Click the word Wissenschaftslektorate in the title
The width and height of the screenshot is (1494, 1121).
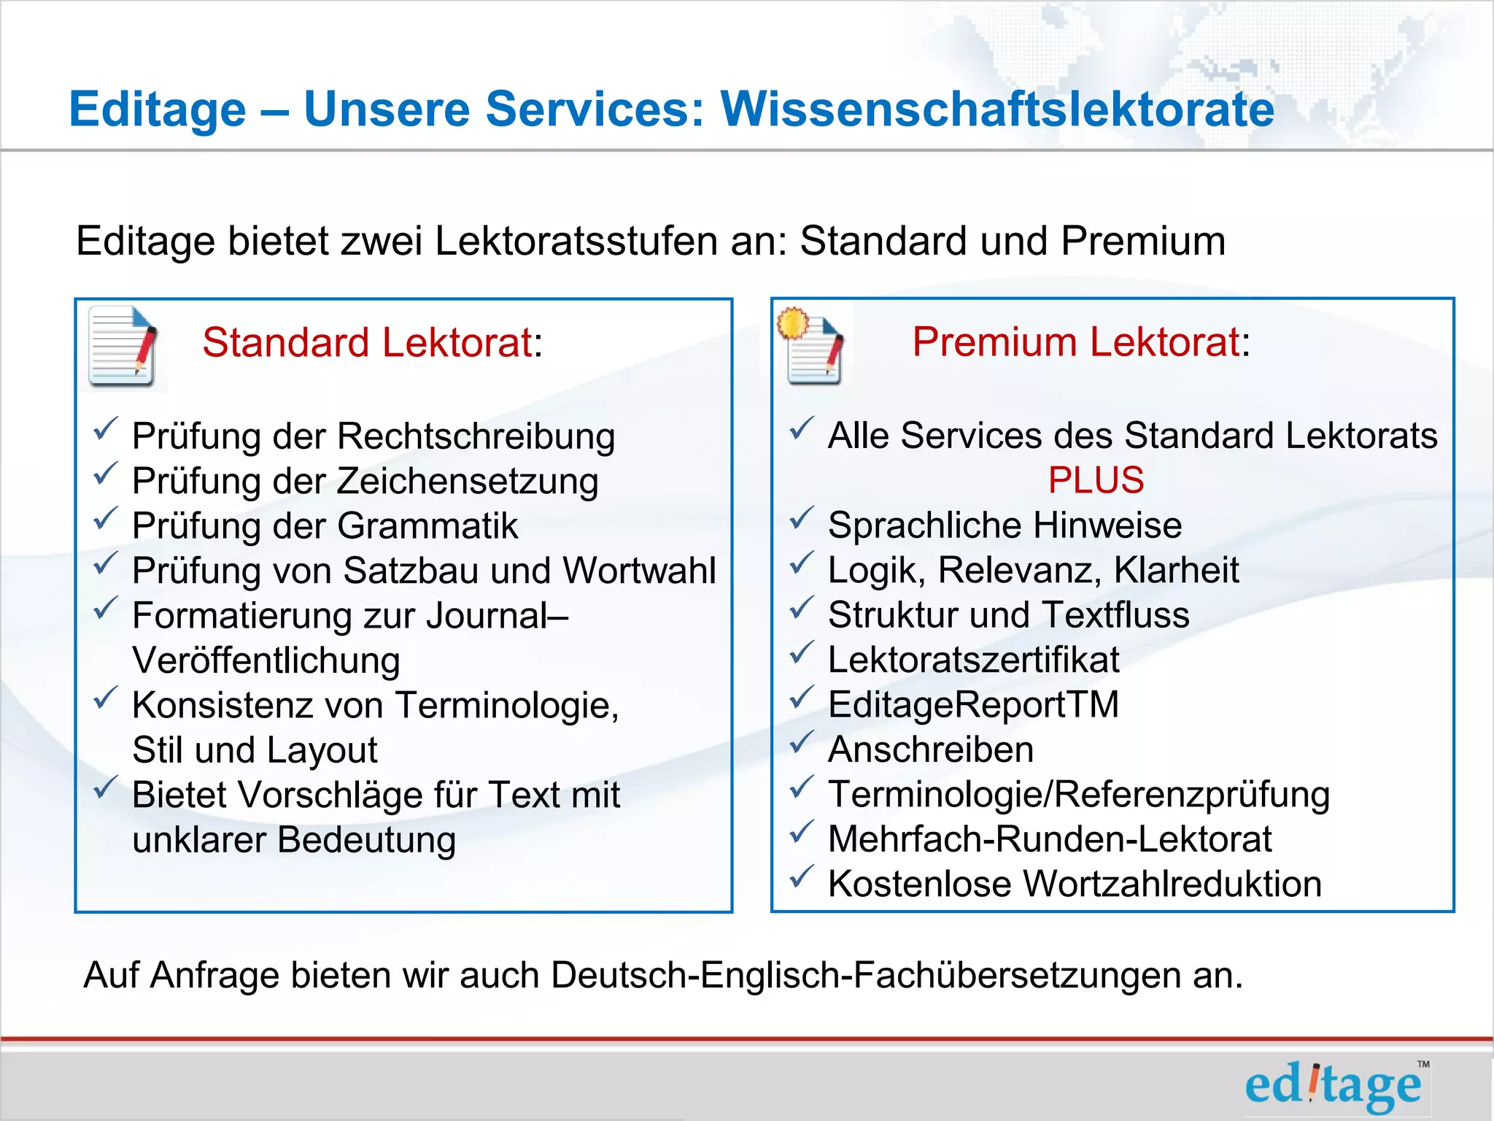997,109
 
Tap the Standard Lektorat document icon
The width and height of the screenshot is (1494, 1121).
123,347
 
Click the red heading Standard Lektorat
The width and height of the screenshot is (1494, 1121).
368,342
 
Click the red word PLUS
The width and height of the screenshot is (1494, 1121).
1096,480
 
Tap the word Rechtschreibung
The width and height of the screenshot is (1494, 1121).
476,436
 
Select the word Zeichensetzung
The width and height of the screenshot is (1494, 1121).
468,482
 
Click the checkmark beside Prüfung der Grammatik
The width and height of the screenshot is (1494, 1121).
106,520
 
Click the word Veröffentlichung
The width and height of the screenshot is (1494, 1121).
266,660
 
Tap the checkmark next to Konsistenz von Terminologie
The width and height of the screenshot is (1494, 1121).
106,699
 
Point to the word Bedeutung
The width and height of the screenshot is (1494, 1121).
367,840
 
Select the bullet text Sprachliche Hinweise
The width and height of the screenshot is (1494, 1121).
1005,525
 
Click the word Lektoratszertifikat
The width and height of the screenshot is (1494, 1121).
973,660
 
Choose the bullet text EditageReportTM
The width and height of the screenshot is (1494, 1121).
973,705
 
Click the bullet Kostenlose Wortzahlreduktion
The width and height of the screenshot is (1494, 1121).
1075,884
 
